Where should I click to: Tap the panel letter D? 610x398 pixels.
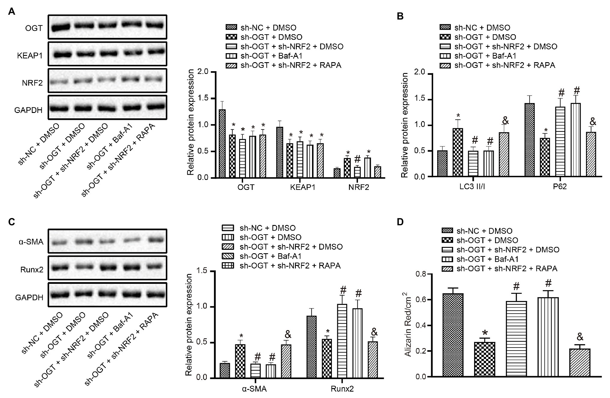400,222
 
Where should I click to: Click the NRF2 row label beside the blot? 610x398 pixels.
32,83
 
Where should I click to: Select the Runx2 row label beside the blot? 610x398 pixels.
32,269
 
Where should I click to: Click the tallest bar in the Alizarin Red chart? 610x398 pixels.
455,335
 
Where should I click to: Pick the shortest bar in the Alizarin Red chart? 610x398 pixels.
581,363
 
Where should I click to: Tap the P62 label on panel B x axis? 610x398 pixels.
560,187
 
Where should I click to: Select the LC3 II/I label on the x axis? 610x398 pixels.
472,187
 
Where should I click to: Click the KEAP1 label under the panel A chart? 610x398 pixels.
302,187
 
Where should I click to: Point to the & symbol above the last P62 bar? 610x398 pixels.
593,122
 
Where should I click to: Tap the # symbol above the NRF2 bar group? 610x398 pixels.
357,159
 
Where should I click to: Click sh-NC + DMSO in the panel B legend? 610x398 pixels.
482,28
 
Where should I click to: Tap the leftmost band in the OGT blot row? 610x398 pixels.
61,28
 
